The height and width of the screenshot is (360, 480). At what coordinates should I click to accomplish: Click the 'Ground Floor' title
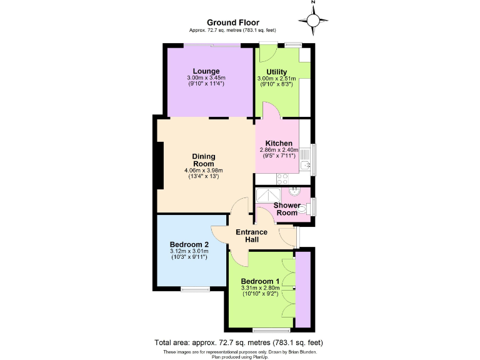232,22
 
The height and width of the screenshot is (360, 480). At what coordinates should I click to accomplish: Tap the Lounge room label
206,71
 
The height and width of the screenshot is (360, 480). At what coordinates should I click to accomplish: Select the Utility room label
276,71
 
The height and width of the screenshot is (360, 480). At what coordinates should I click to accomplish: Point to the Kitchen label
278,143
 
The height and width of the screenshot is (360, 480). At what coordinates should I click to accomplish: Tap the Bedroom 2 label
189,244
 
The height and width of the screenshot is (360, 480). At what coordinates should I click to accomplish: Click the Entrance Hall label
251,236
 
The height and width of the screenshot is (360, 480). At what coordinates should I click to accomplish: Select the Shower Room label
286,209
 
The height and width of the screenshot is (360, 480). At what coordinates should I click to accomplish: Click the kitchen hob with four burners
282,177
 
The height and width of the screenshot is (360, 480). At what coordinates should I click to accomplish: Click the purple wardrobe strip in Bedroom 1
303,289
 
